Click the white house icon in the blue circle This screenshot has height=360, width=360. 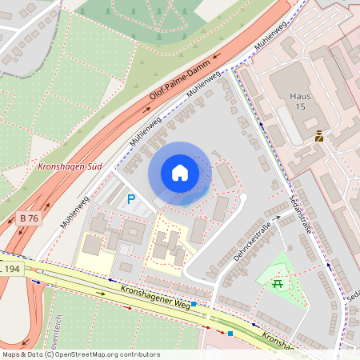click(180, 173)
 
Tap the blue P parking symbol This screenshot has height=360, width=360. click(131, 199)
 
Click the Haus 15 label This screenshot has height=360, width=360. click(298, 101)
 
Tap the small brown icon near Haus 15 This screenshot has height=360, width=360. click(319, 136)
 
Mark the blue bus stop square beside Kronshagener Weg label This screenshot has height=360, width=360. click(194, 304)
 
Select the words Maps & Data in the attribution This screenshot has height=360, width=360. click(21, 354)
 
